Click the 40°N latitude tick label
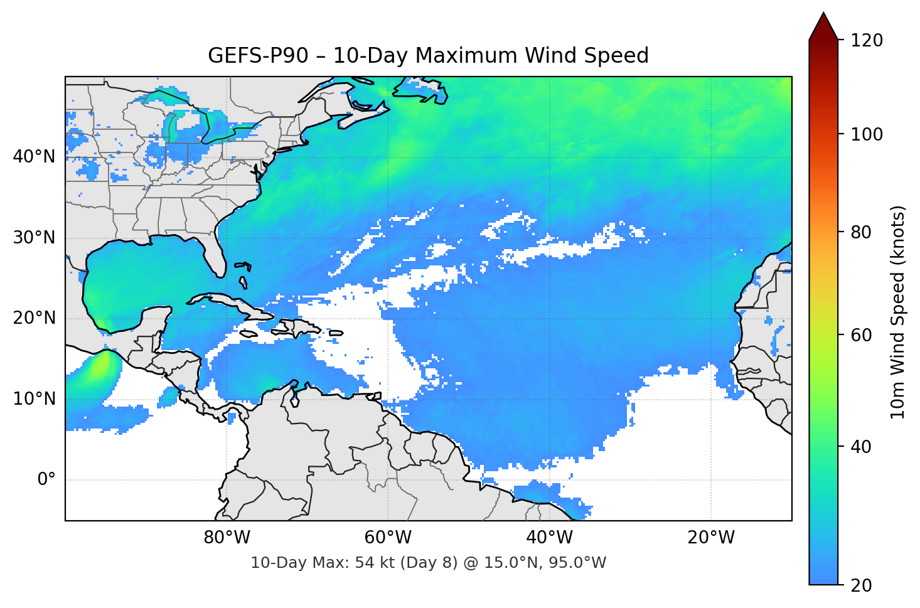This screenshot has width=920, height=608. coord(34,157)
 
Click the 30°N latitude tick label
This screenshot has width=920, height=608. coord(34,238)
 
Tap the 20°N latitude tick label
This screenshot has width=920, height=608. coord(34,318)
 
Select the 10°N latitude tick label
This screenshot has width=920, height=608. coord(34,399)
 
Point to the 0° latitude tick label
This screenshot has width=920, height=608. coord(46,480)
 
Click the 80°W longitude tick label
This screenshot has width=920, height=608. coord(227,538)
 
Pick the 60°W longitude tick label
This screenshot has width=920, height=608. coord(388,538)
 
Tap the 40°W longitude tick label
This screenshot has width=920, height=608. coord(550,538)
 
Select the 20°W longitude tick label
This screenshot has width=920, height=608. coord(711,538)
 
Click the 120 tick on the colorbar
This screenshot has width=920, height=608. coord(867,40)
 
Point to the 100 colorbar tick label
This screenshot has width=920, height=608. coord(867,134)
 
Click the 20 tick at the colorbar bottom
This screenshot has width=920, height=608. coord(861,585)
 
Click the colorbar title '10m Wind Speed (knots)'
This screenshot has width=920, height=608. coord(898,312)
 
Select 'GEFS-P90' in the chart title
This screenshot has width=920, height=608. coord(258,56)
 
